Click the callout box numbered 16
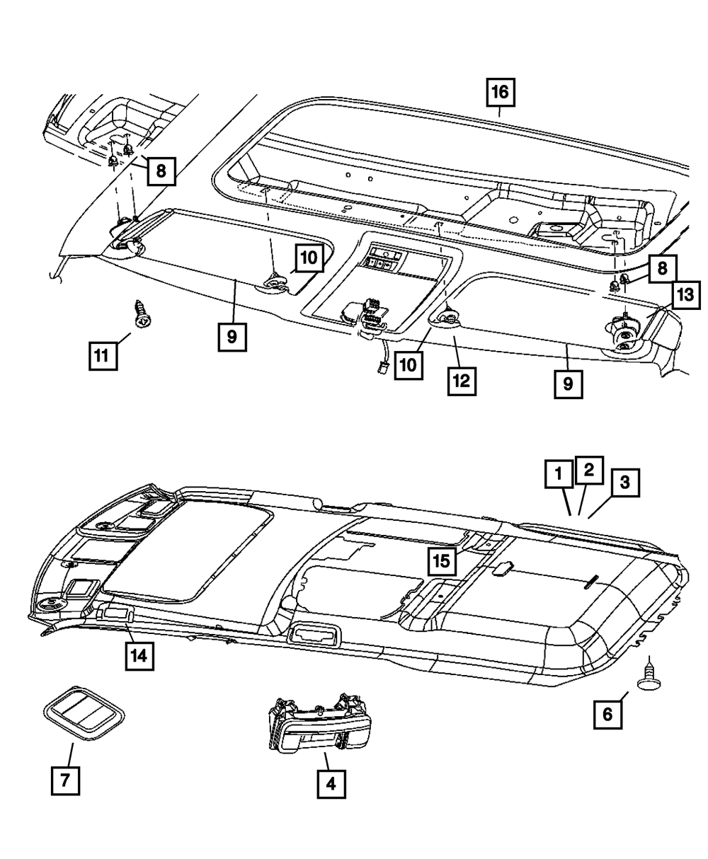[x=500, y=92]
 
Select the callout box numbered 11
[x=103, y=354]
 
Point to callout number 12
[x=461, y=381]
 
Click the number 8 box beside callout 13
[x=663, y=269]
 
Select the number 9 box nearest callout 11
[x=232, y=338]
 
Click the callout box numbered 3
[x=624, y=483]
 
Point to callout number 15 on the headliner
[x=441, y=561]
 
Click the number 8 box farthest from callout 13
[x=161, y=170]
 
